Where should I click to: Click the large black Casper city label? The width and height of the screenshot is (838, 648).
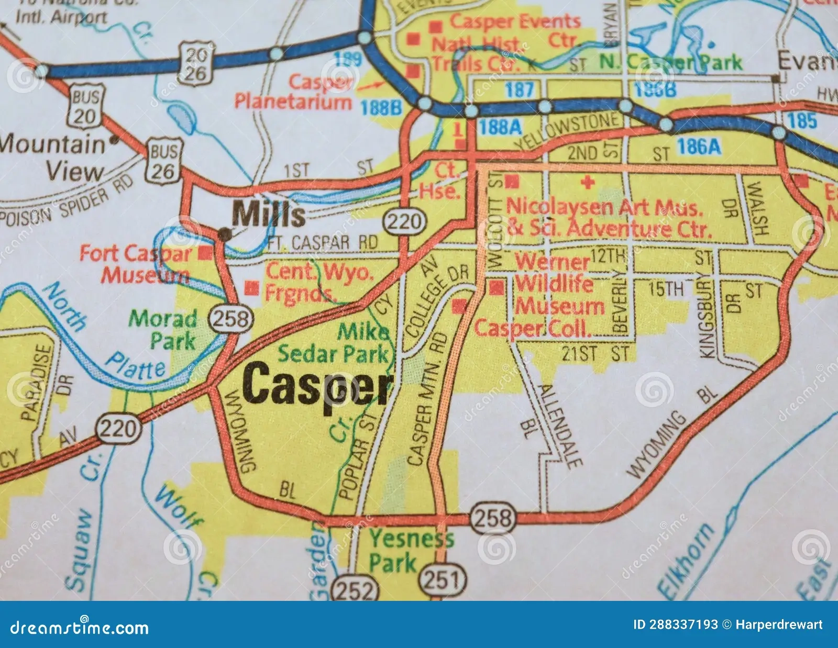tap(317, 386)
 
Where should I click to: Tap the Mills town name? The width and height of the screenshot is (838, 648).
tap(268, 214)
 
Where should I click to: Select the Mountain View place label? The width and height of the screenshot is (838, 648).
tap(55, 158)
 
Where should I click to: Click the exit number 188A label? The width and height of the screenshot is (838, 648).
tap(500, 127)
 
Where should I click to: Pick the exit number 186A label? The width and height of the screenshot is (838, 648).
tap(699, 147)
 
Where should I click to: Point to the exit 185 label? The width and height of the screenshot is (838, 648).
tap(802, 120)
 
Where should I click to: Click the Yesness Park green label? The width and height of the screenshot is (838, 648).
tap(411, 551)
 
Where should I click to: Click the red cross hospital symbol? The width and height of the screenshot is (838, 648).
tap(588, 183)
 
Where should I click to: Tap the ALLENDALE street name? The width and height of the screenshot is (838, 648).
tap(560, 426)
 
